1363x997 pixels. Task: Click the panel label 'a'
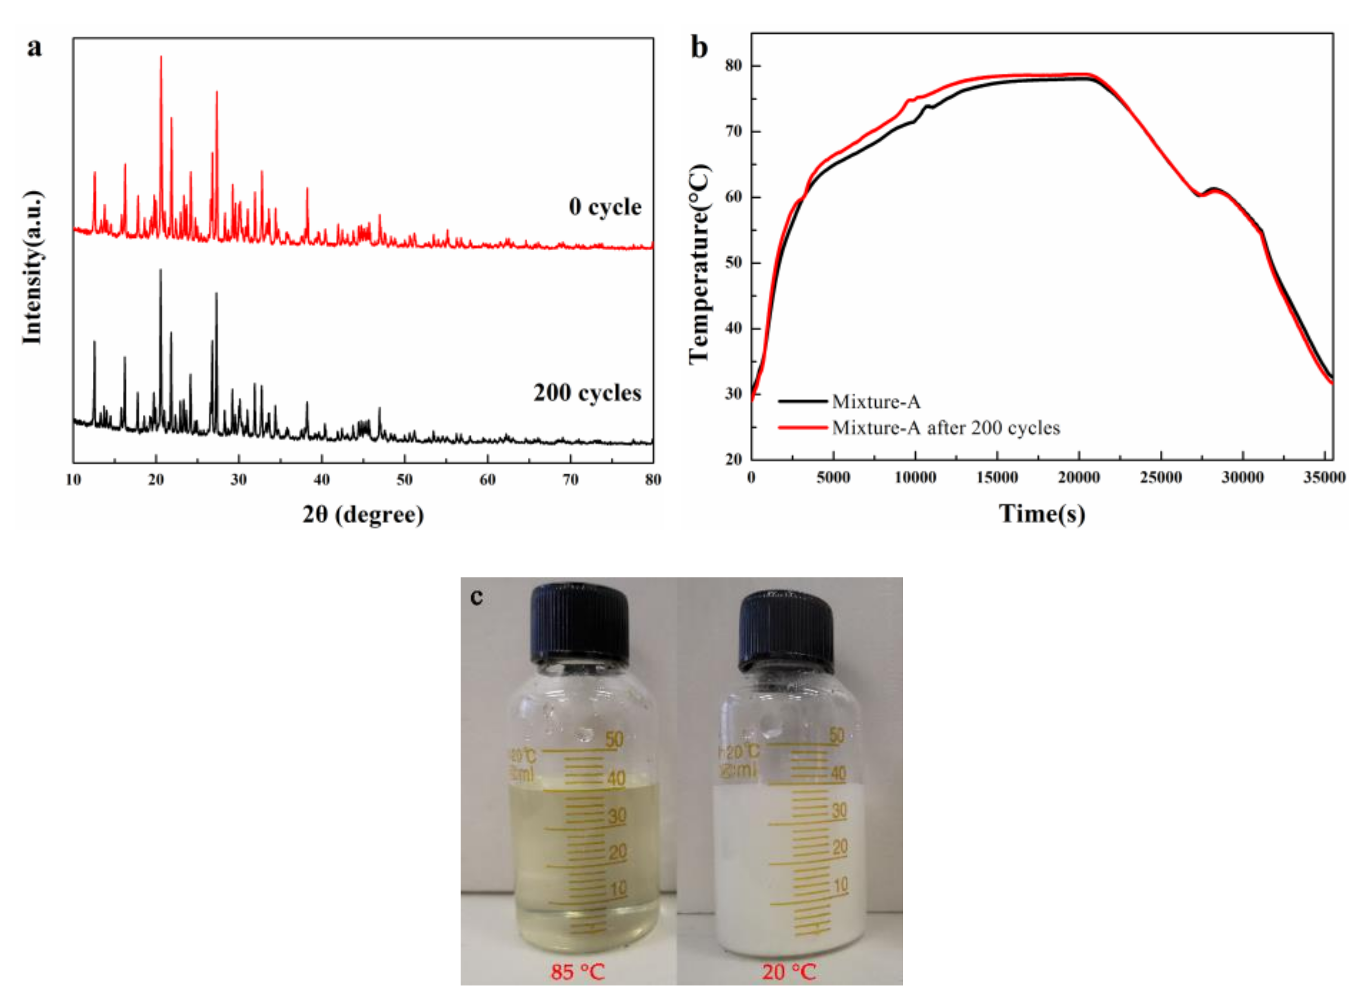coord(34,47)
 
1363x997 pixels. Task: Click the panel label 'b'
coord(699,47)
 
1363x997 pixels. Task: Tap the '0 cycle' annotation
coord(604,207)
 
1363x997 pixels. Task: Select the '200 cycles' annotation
coord(586,393)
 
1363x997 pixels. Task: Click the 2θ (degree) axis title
coord(363,514)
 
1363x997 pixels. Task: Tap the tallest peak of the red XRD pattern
coord(161,58)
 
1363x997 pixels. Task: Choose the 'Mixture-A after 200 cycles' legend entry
coord(945,428)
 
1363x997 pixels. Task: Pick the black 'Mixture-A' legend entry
coord(875,401)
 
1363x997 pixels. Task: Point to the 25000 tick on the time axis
coord(1160,478)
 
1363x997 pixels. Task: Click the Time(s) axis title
coord(1042,514)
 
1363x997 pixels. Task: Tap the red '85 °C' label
coord(577,972)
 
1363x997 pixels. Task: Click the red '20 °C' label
coord(788,972)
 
